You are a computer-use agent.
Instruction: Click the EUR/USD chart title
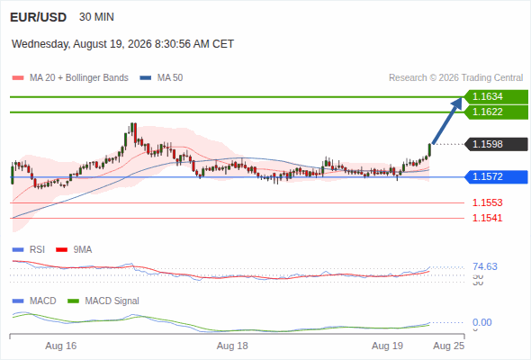click(x=39, y=17)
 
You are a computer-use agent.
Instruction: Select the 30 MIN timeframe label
click(x=96, y=17)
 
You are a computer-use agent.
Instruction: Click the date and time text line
click(x=122, y=44)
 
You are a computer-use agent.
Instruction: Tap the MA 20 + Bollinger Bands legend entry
click(x=70, y=78)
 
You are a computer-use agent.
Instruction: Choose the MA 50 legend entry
click(x=161, y=78)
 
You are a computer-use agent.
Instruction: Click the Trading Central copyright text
click(x=455, y=78)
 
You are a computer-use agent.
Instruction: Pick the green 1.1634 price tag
click(x=496, y=97)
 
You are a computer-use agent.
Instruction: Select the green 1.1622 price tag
click(x=496, y=112)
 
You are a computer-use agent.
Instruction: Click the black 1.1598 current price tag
click(x=496, y=144)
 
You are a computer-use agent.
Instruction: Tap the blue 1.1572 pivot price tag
click(x=496, y=176)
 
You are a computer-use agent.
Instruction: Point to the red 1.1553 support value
click(x=487, y=202)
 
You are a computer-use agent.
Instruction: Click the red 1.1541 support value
click(x=487, y=218)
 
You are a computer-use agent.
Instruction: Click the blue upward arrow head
click(x=457, y=103)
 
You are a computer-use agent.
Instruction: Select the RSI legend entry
click(x=29, y=249)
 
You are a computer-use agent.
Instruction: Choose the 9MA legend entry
click(x=74, y=249)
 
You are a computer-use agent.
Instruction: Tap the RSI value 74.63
click(x=485, y=266)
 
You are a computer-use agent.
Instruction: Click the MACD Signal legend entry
click(x=103, y=301)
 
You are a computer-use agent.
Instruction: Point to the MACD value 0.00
click(x=481, y=322)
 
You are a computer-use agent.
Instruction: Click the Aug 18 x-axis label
click(x=232, y=346)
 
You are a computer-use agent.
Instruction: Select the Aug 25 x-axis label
click(x=449, y=346)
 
